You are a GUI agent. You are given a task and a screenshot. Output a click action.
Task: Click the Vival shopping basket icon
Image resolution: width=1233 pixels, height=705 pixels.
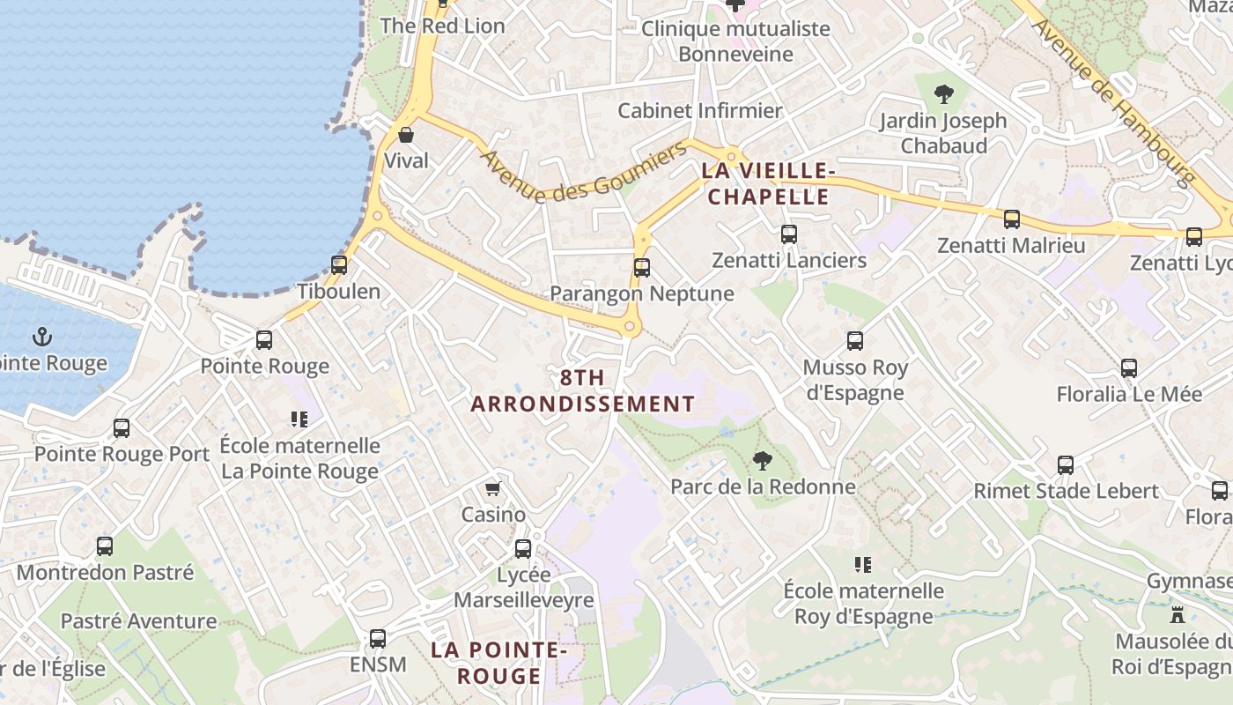(406, 135)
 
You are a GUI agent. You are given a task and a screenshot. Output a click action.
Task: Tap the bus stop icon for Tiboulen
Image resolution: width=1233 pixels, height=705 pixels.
(339, 264)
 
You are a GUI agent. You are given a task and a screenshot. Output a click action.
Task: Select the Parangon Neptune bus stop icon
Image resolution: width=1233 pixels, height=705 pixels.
(642, 267)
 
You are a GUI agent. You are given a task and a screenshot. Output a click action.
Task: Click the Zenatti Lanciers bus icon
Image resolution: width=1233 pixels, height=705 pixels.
(789, 234)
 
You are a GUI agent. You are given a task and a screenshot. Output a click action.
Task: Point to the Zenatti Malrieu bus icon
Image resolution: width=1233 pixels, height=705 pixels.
(1012, 219)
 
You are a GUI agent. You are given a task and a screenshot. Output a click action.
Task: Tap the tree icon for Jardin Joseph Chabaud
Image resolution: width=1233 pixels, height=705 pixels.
(943, 93)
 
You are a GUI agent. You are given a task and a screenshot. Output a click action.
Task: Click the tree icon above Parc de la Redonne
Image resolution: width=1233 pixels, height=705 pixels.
(763, 460)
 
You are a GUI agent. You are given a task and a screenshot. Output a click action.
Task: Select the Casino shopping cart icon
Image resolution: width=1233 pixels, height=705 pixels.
(493, 488)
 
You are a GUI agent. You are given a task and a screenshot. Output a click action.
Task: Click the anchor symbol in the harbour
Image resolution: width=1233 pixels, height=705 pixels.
(41, 336)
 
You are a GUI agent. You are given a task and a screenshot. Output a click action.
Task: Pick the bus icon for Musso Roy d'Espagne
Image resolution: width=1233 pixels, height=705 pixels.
(855, 341)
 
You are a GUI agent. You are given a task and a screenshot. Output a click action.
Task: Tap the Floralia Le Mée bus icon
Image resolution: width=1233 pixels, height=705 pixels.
(1129, 368)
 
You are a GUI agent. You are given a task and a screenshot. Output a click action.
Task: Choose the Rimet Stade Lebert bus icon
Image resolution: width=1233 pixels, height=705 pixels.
(1066, 465)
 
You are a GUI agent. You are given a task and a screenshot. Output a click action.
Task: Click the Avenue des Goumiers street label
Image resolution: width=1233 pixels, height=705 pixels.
(583, 173)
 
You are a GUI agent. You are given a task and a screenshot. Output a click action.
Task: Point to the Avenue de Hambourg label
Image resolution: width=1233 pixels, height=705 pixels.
(1113, 100)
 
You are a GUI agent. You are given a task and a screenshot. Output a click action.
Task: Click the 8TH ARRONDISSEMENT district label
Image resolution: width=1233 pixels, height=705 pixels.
(582, 391)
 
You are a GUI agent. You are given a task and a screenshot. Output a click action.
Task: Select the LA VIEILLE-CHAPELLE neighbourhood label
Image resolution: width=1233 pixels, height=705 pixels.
(769, 183)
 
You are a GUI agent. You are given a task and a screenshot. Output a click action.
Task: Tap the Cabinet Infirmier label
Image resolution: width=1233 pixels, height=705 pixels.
(700, 111)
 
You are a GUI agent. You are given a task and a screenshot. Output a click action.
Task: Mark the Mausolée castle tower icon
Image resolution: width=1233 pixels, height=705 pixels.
(1178, 614)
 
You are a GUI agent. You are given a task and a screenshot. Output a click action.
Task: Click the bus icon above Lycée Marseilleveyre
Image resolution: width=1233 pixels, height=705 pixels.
(523, 549)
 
